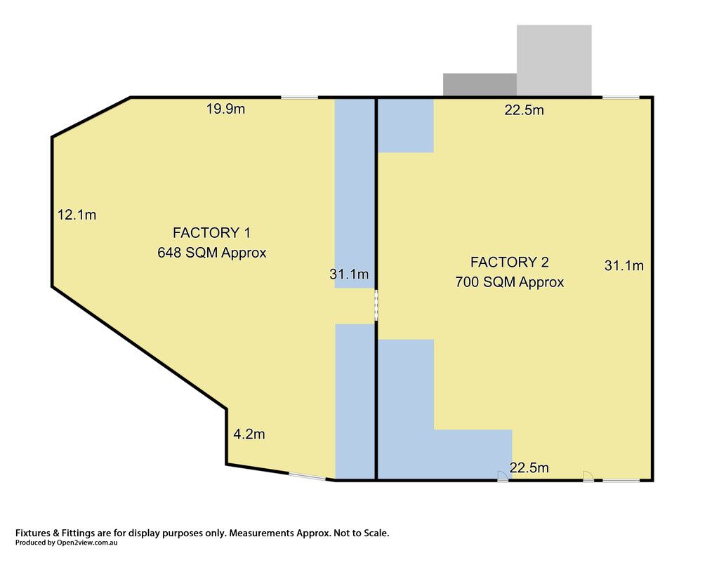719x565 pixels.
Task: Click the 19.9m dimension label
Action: pyautogui.click(x=225, y=109)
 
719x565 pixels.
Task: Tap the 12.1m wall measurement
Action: pyautogui.click(x=77, y=215)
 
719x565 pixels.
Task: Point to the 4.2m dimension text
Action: pyautogui.click(x=249, y=434)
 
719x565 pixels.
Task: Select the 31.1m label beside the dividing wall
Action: pyautogui.click(x=349, y=274)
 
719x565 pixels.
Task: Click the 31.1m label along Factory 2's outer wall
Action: pyautogui.click(x=624, y=265)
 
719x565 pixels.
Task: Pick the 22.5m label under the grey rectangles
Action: pyautogui.click(x=524, y=110)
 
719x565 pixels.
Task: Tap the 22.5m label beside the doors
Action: pyautogui.click(x=529, y=468)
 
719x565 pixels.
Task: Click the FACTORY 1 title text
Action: pyautogui.click(x=211, y=233)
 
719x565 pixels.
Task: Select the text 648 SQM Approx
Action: pyautogui.click(x=212, y=253)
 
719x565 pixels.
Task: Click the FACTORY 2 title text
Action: pyautogui.click(x=510, y=262)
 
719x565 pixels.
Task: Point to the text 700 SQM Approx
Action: pyautogui.click(x=510, y=282)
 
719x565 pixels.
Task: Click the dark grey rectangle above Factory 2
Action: pyautogui.click(x=480, y=85)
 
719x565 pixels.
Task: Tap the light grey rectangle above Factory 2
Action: pyautogui.click(x=554, y=60)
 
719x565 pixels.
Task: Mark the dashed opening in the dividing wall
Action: pyautogui.click(x=376, y=305)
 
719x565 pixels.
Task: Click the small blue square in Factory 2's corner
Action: pyautogui.click(x=405, y=126)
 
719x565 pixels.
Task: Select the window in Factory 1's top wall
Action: pyautogui.click(x=299, y=97)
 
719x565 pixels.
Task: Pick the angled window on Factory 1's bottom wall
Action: pyautogui.click(x=308, y=477)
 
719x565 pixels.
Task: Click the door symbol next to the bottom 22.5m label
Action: pyautogui.click(x=503, y=477)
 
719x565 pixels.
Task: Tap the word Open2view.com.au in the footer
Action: pyautogui.click(x=87, y=543)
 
